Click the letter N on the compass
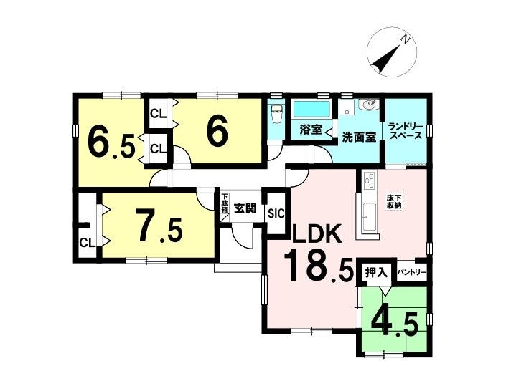click(405, 39)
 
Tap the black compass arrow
click(385, 59)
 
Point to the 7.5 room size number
click(159, 225)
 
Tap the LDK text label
click(317, 233)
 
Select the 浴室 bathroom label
click(311, 130)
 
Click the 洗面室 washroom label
click(359, 138)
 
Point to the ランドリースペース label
click(406, 130)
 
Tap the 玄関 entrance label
click(245, 208)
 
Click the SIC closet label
click(276, 213)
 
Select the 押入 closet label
click(375, 273)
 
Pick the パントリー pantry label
click(411, 273)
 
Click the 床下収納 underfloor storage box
click(394, 201)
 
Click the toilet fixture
click(277, 115)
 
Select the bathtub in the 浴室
click(311, 110)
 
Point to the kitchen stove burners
click(370, 181)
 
